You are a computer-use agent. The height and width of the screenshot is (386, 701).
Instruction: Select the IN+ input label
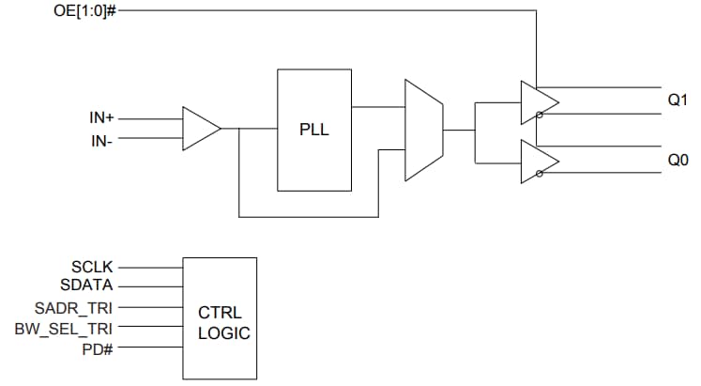pos(102,119)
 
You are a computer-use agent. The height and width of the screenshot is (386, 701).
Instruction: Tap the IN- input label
pos(102,140)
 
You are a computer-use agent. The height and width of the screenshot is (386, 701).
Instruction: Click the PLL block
pos(313,130)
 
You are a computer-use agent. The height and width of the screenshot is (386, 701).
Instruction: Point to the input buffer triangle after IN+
pos(199,129)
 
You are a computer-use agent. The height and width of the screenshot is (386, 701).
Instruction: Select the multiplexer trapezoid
pos(422,130)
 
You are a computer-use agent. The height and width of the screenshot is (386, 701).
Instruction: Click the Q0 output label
pos(678,161)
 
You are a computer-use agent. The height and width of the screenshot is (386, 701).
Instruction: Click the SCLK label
pos(92,268)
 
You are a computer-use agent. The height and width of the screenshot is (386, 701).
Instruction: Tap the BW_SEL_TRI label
pos(64,328)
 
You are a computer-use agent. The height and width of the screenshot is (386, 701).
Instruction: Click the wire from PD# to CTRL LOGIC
pos(150,348)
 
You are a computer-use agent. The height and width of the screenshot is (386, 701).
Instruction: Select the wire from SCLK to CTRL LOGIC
pos(150,268)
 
